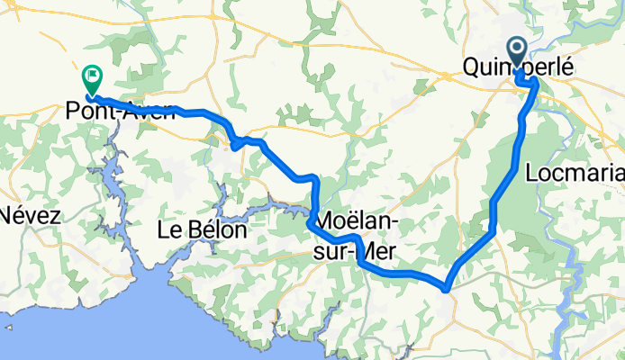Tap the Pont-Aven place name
(120, 112)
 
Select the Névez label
(29, 216)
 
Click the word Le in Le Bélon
(169, 230)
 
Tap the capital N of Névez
(8, 216)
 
